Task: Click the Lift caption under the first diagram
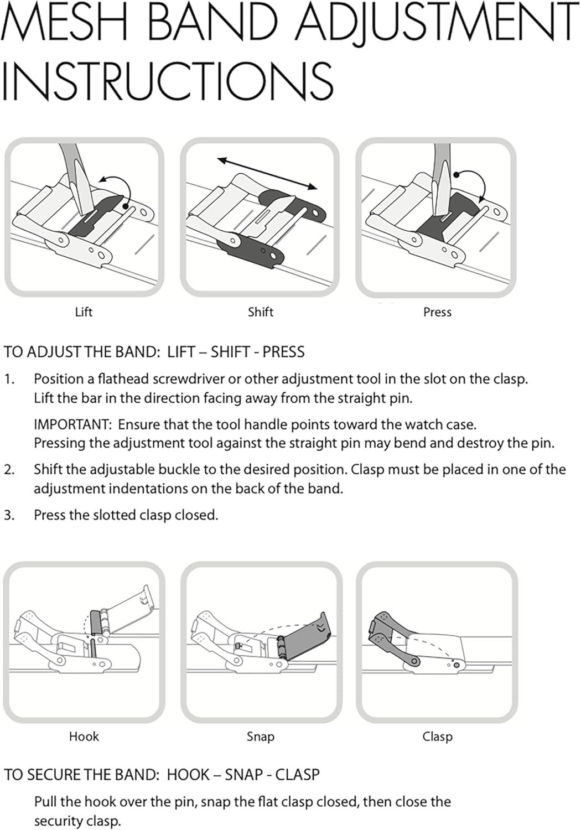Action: [84, 312]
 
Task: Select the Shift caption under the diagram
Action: [261, 312]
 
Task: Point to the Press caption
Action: [437, 312]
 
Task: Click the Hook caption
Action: [84, 736]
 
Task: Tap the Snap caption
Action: [261, 736]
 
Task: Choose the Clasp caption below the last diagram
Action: [437, 736]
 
